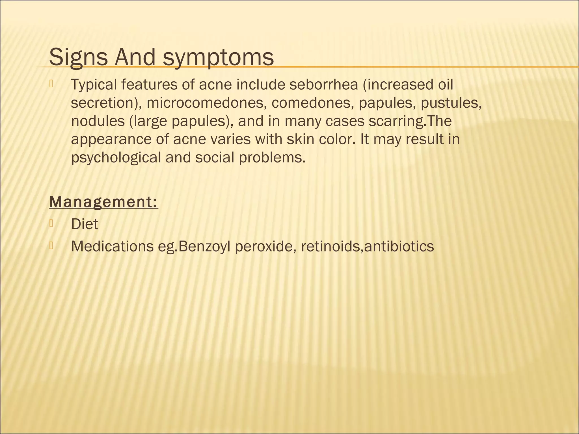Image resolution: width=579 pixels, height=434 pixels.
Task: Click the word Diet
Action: pos(85,224)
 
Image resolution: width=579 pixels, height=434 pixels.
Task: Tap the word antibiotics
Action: pos(399,246)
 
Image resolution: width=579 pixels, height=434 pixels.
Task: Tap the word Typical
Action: pos(94,85)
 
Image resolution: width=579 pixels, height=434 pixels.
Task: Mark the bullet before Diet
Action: pos(51,223)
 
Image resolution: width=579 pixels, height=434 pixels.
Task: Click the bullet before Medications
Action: pos(51,246)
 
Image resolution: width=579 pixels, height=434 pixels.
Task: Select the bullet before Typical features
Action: pos(51,84)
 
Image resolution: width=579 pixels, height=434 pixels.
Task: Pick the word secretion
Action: pos(103,103)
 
